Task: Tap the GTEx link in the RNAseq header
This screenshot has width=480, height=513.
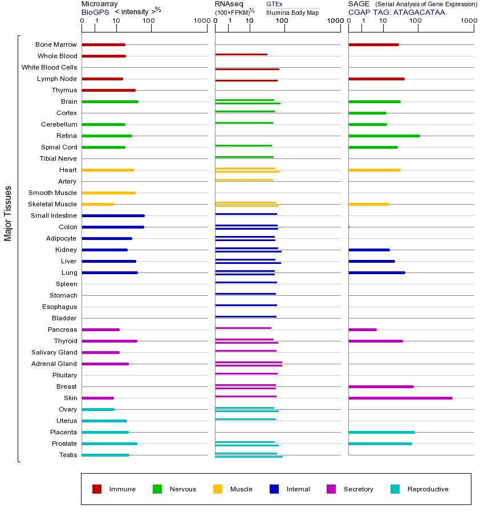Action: tap(274, 5)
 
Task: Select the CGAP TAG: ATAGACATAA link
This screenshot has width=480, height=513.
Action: tap(396, 12)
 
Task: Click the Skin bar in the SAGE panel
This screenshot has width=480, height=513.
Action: tap(400, 398)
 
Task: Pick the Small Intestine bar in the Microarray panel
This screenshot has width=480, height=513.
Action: tap(113, 215)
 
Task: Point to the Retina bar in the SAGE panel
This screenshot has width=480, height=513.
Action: tap(384, 136)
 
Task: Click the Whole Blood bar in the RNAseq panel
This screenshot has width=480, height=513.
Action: tap(241, 55)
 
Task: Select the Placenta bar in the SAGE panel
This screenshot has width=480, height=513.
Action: tap(381, 432)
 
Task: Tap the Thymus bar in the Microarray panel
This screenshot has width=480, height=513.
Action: tap(108, 90)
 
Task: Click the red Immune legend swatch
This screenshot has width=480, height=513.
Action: tap(97, 489)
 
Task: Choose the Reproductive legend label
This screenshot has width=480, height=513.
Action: tap(428, 489)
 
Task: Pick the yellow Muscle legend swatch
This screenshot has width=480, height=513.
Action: tap(218, 489)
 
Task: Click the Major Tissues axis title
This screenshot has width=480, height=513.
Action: tap(8, 213)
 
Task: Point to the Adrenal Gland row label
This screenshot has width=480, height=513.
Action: tap(54, 364)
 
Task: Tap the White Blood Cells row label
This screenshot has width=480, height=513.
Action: tap(49, 67)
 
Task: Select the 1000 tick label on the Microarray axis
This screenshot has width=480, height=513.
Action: tap(201, 21)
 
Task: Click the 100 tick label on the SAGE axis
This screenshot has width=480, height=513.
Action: tap(416, 21)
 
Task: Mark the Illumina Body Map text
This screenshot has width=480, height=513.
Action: tap(292, 13)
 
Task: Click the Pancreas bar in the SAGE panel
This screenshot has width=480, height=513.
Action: tap(362, 329)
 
